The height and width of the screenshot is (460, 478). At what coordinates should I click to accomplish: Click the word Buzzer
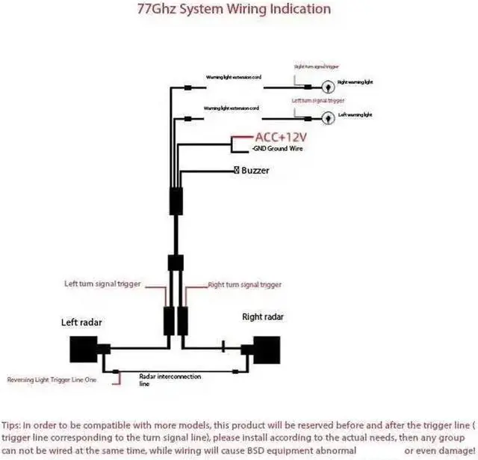255,171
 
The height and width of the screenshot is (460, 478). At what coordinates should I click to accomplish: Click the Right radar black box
267,349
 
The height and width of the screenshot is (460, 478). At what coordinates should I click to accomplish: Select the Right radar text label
263,316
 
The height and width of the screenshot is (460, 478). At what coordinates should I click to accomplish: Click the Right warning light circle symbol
328,85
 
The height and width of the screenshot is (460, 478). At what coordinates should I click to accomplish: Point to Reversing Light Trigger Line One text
52,380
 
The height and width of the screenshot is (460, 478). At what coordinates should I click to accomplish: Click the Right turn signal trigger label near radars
244,284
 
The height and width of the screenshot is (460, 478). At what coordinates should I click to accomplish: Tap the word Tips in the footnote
13,424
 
